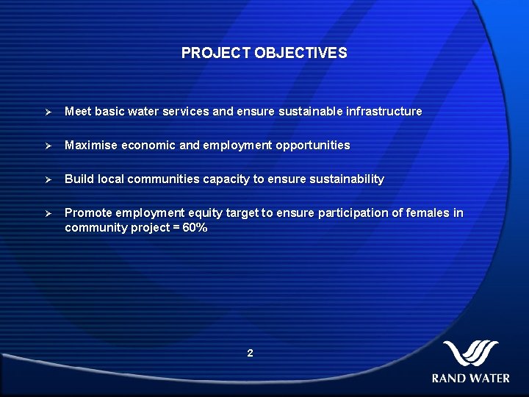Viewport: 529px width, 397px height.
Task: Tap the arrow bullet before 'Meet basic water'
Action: point(46,112)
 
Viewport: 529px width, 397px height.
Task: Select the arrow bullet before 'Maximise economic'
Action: point(46,146)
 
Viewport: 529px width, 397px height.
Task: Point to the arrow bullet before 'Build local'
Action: point(46,179)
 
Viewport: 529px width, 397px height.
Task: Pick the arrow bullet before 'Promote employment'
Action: point(46,213)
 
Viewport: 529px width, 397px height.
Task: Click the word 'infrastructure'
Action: point(384,112)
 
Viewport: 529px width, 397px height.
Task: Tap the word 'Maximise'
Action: point(91,146)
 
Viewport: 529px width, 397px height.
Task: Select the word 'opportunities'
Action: point(313,146)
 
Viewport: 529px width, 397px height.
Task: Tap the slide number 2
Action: point(250,354)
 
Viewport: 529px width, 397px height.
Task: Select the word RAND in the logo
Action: point(448,379)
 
